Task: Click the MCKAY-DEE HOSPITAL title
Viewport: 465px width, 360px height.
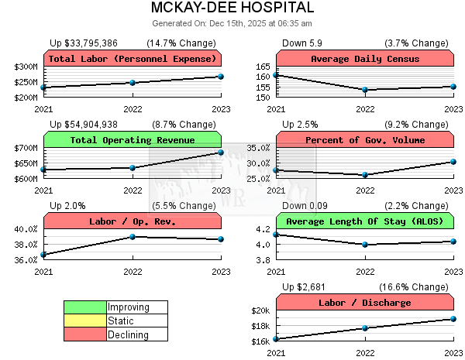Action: (x=232, y=9)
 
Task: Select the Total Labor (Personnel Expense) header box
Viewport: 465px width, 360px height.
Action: (x=133, y=59)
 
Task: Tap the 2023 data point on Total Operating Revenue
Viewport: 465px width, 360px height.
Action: (x=221, y=152)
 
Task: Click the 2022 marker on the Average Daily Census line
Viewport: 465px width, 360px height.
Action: (x=365, y=90)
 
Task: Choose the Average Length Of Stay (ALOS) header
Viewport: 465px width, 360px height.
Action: (x=365, y=221)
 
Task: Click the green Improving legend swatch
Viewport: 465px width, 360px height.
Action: (x=84, y=307)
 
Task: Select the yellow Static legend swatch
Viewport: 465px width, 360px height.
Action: (x=84, y=321)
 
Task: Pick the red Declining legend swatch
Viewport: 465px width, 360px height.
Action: (x=84, y=334)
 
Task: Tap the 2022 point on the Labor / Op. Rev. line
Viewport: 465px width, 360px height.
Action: (x=133, y=237)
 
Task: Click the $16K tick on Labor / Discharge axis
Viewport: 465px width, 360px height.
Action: (x=259, y=341)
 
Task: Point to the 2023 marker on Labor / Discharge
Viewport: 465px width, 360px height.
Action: (x=453, y=319)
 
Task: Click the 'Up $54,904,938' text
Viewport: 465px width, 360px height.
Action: (x=84, y=125)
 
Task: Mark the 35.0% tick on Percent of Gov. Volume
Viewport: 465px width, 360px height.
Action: (x=258, y=148)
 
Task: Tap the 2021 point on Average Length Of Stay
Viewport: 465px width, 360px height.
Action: (x=277, y=234)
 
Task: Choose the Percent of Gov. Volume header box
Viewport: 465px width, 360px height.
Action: (x=365, y=140)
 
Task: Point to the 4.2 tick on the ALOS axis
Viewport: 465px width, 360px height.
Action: (x=262, y=229)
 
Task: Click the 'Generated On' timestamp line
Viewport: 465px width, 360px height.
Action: (x=232, y=24)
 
